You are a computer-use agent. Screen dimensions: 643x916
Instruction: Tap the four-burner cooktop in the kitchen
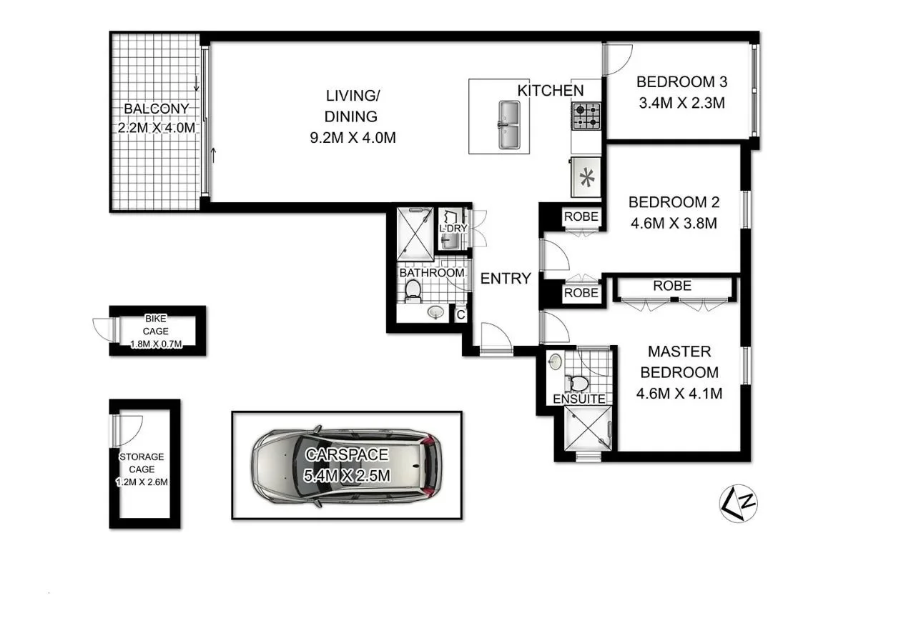[x=586, y=115]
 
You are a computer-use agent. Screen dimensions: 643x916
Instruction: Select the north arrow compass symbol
[x=739, y=503]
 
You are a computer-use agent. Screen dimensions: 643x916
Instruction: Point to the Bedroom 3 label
[x=676, y=81]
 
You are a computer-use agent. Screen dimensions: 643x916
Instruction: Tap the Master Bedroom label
[x=679, y=362]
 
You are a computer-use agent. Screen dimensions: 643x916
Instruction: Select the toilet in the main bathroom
[x=413, y=289]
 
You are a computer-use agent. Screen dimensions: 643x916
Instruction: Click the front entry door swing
[x=496, y=338]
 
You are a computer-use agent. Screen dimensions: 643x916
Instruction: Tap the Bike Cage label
[x=156, y=325]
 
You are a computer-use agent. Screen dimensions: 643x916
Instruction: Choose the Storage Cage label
[x=142, y=463]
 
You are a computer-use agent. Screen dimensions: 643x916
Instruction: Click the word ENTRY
[x=506, y=279]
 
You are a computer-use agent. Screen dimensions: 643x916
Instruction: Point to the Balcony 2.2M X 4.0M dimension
[x=156, y=129]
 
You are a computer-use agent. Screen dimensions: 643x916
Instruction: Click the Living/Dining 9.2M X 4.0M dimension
[x=350, y=137]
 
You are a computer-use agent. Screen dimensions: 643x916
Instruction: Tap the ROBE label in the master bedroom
[x=672, y=286]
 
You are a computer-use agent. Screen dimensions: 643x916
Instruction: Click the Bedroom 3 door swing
[x=616, y=59]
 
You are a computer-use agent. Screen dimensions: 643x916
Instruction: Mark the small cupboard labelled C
[x=461, y=314]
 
